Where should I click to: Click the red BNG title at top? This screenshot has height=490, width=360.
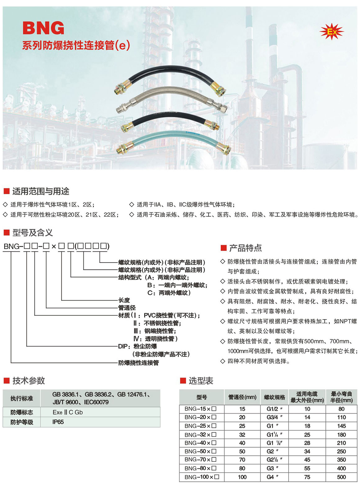point(43,28)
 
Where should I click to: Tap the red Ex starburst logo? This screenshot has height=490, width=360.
point(331,31)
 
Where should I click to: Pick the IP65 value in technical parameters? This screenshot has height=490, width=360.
point(58,422)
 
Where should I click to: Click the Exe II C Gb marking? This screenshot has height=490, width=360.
point(68,412)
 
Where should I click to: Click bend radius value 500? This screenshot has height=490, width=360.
point(341,477)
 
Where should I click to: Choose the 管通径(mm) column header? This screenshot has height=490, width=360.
point(242,397)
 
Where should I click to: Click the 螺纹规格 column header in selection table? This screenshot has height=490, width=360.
point(274,397)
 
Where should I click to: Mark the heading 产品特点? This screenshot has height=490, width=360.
point(245,248)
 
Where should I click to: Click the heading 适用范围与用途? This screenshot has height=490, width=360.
point(41,191)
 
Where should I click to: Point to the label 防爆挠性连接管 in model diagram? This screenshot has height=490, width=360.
point(138,363)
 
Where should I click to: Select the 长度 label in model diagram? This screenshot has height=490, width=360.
point(124,300)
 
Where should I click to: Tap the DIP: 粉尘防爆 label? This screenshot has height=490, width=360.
point(137,346)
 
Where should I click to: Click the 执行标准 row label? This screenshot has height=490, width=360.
point(21,399)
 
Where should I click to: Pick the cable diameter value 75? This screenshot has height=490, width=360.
point(307,477)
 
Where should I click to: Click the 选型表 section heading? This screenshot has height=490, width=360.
point(201,381)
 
